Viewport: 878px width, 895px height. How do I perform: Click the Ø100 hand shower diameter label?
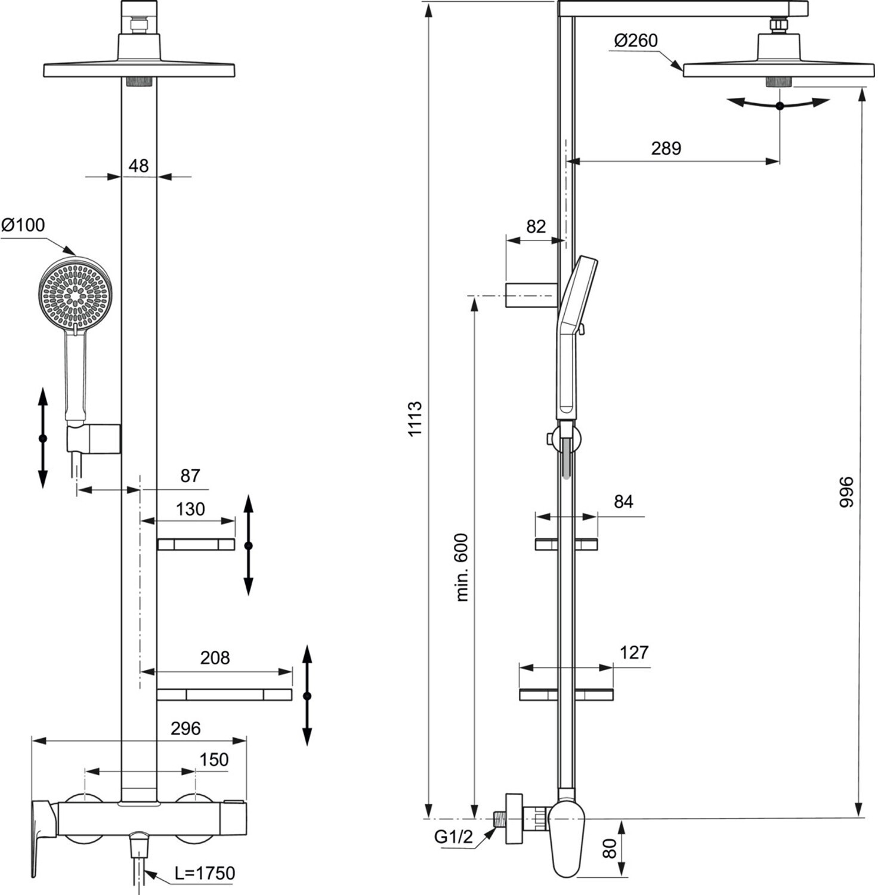pos(23,225)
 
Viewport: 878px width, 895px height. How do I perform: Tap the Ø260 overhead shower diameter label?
pos(635,41)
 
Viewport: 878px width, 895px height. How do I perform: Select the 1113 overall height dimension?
pos(415,419)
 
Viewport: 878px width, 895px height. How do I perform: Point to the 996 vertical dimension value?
pos(847,492)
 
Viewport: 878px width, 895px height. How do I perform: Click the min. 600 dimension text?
pos(462,567)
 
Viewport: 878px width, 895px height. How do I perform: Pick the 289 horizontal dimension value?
pos(666,148)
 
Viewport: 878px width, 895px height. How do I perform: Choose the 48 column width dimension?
pos(138,165)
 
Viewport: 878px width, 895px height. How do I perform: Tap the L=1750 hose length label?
pos(205,873)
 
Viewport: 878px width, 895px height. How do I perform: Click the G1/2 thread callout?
pos(453,837)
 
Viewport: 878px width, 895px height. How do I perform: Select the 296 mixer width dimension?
pos(186,729)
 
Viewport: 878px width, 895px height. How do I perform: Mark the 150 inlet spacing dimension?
pos(214,760)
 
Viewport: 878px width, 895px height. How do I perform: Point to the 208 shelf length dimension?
pos(215,658)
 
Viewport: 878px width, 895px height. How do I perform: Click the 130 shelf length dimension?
pos(190,509)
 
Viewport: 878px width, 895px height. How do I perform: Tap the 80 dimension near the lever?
pos(610,848)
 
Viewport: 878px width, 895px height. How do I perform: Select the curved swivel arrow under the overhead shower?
pos(778,104)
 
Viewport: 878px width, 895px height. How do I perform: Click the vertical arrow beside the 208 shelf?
pos(307,696)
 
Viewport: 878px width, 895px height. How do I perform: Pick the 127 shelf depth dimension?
pos(633,652)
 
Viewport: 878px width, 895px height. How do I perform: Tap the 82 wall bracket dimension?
pos(536,227)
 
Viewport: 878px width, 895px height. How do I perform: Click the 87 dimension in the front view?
pos(190,476)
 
